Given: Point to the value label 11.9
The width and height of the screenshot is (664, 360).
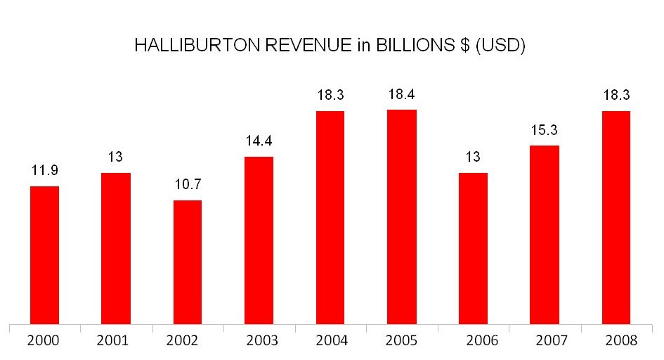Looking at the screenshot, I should pyautogui.click(x=44, y=170).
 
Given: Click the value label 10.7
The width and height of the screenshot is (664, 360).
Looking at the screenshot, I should pyautogui.click(x=188, y=185).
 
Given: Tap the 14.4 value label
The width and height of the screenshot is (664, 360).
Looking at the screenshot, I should pyautogui.click(x=259, y=141).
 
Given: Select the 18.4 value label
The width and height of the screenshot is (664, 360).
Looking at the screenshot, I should pyautogui.click(x=402, y=94).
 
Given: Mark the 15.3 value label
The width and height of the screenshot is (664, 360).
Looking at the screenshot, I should pyautogui.click(x=545, y=130).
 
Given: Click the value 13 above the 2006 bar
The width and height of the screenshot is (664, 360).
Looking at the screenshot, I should pyautogui.click(x=473, y=157).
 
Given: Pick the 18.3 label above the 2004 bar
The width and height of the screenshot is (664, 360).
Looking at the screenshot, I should pyautogui.click(x=330, y=95).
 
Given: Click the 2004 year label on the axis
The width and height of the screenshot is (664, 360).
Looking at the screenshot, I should pyautogui.click(x=330, y=341).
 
